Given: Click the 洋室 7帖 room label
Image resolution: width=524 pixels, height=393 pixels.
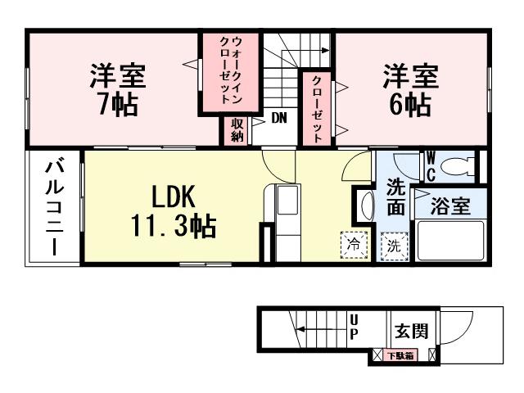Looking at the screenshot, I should [119, 89].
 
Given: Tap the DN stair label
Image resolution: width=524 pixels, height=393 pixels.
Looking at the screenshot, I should [279, 118].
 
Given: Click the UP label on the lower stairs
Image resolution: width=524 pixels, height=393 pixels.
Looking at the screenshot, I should [354, 327].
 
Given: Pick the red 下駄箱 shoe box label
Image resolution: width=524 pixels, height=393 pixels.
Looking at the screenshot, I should [400, 355].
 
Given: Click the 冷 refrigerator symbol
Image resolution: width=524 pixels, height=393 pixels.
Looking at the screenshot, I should [355, 243].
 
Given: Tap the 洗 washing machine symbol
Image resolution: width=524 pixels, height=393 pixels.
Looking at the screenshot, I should [394, 244].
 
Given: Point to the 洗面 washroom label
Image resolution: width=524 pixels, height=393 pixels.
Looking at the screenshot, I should [395, 196].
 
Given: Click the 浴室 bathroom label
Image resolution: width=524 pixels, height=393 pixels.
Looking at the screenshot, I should [450, 205].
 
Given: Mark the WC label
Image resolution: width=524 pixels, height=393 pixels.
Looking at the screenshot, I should [429, 166].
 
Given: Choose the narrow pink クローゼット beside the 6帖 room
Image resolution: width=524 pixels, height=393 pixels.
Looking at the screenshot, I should [317, 111].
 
